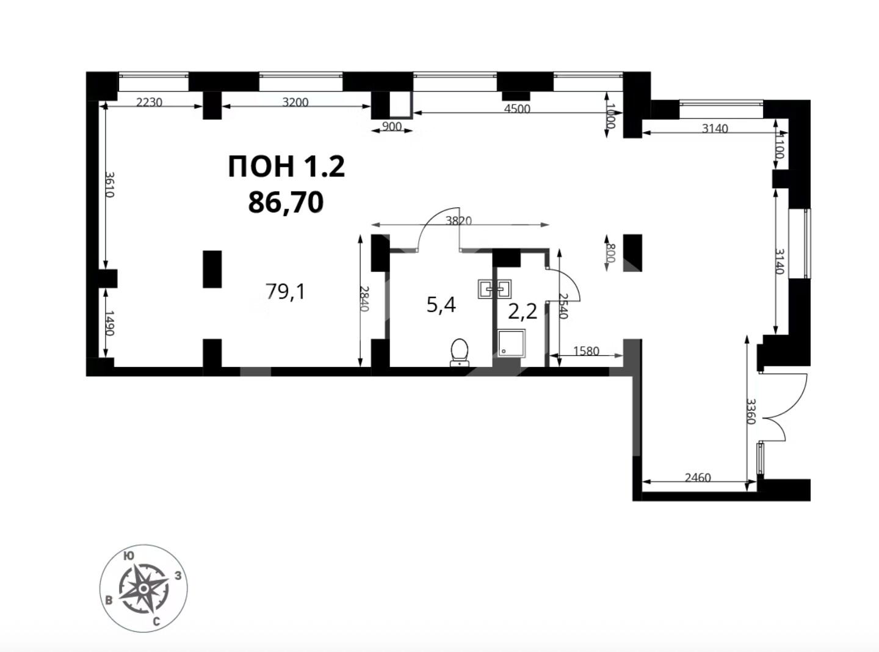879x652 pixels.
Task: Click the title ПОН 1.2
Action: tap(286, 167)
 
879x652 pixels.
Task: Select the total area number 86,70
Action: tap(286, 201)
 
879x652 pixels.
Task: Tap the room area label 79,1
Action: tap(285, 292)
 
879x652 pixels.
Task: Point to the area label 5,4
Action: tap(441, 305)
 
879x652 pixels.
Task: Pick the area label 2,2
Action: tap(523, 312)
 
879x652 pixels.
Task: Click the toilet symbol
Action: tap(460, 352)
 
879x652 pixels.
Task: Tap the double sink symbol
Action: tap(494, 289)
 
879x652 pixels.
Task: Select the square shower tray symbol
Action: tap(512, 343)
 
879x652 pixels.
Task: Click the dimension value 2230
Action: tap(149, 103)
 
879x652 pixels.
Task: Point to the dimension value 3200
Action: tap(295, 103)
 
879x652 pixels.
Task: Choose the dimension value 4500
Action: tap(517, 108)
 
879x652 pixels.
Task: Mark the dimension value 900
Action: tap(391, 127)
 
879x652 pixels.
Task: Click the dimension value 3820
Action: tap(458, 221)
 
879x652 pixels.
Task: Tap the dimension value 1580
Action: tap(586, 351)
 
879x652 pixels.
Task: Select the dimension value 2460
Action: tap(698, 477)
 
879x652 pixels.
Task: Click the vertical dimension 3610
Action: tap(110, 184)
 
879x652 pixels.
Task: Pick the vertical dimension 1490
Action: tap(110, 323)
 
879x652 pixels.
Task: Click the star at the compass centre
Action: tap(143, 588)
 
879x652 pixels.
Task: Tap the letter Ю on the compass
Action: tap(128, 556)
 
